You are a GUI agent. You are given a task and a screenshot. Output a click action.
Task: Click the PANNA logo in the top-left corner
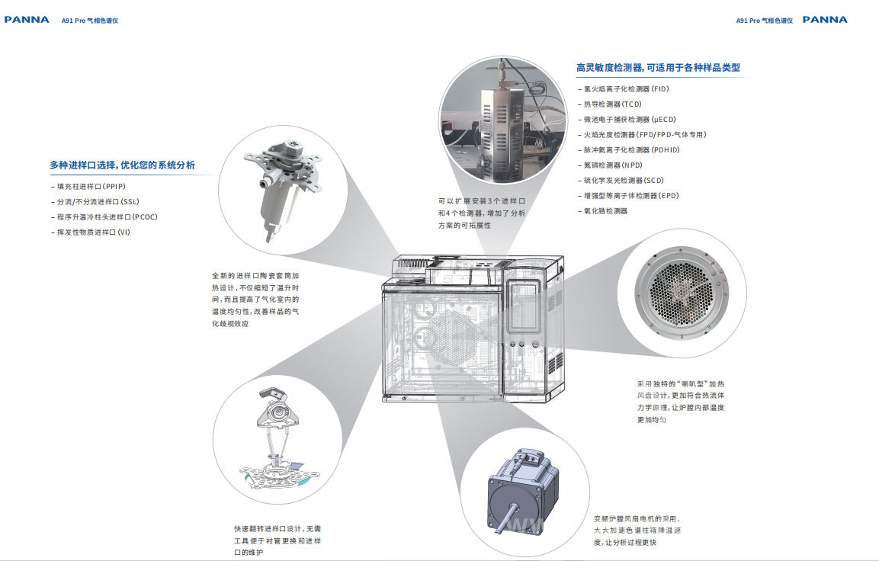[27, 20]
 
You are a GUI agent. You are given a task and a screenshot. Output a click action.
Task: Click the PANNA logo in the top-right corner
[825, 20]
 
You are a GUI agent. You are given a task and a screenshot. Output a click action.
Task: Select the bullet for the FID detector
[624, 89]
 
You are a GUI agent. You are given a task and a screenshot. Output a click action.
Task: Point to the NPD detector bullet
[610, 165]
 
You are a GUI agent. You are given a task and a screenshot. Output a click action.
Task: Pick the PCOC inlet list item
[104, 217]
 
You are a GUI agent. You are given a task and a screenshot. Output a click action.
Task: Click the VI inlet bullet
[90, 232]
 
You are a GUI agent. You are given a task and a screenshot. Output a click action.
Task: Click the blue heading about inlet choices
[122, 165]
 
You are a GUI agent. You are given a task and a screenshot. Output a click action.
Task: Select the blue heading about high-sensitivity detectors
[658, 68]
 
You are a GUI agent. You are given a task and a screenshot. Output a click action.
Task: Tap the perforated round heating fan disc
[682, 293]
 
